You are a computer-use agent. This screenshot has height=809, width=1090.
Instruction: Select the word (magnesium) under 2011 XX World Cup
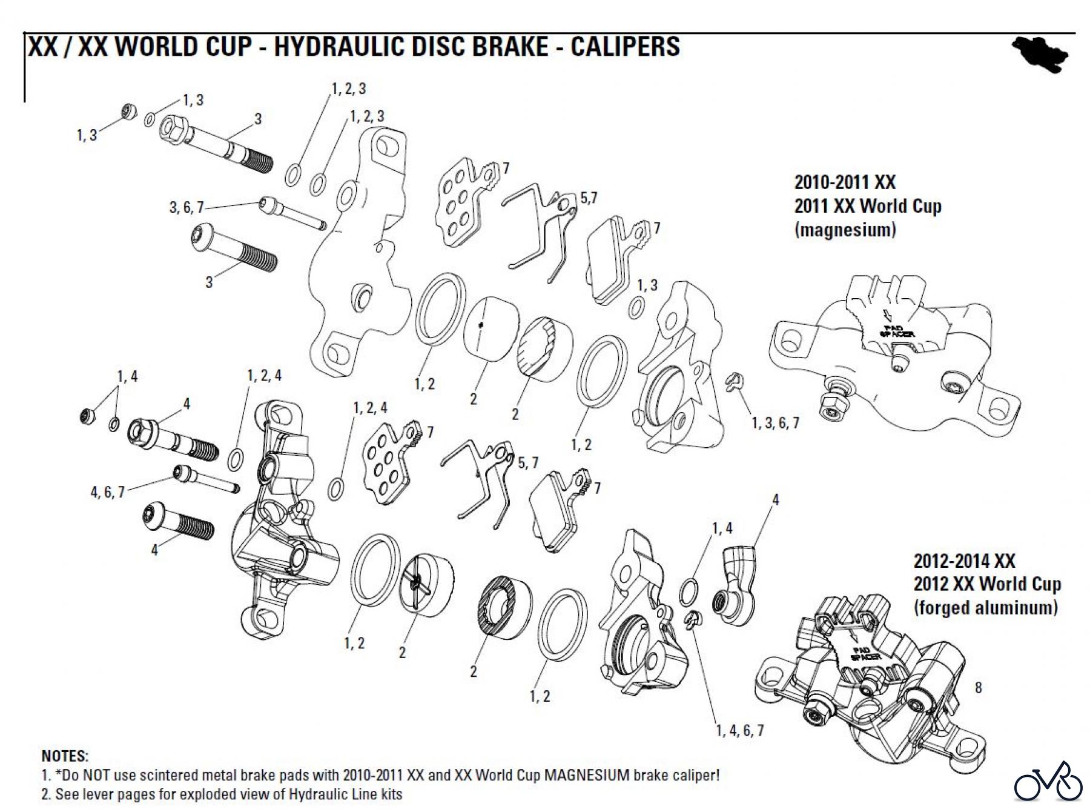click(x=845, y=230)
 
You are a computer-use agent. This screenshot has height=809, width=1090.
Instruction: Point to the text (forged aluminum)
click(x=985, y=607)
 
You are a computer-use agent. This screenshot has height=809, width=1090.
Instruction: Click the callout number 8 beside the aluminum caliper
click(x=978, y=687)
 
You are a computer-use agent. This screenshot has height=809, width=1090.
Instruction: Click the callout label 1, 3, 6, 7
click(x=775, y=422)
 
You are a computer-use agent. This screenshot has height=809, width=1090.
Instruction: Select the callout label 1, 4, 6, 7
click(x=739, y=730)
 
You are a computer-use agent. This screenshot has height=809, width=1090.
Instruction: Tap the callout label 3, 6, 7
click(x=186, y=208)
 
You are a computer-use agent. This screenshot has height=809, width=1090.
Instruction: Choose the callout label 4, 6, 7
click(x=107, y=492)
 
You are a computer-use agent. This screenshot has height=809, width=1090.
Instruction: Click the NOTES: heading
click(x=64, y=756)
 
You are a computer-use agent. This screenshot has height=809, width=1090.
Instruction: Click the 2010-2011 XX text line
click(x=844, y=182)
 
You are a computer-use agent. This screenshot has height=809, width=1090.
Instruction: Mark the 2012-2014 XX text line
click(x=964, y=561)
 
